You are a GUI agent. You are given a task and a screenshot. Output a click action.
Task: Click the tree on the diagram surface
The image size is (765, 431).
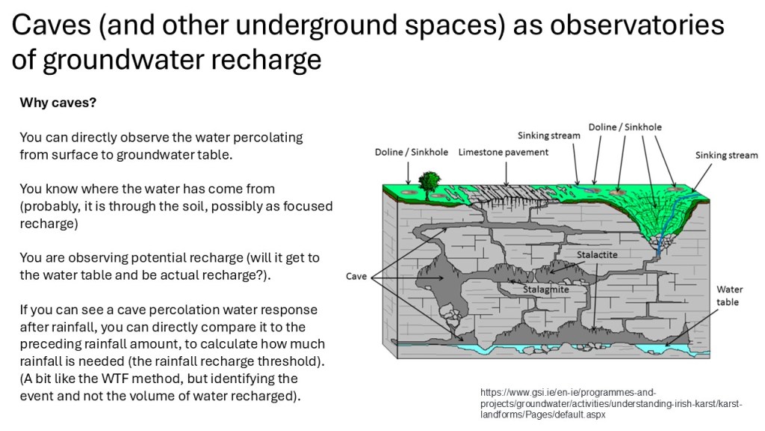click(x=430, y=184)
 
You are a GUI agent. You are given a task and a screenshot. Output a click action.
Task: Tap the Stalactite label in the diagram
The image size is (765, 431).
click(x=597, y=254)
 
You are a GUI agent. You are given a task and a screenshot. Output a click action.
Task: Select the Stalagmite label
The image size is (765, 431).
click(x=546, y=290)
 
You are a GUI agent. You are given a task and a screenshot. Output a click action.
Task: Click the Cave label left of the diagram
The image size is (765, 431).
click(x=356, y=276)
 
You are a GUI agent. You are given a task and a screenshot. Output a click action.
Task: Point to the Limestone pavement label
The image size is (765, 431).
click(x=503, y=152)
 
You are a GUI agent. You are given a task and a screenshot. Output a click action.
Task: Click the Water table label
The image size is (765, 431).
click(x=728, y=296)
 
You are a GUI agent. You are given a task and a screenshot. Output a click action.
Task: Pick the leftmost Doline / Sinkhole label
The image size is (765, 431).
click(x=412, y=152)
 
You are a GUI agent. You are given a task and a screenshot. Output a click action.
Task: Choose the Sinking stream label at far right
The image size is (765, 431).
click(x=726, y=156)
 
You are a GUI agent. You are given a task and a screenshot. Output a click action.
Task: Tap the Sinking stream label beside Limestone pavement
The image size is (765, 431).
click(x=549, y=135)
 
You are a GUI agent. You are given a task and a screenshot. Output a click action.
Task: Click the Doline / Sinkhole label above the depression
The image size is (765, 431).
click(x=625, y=127)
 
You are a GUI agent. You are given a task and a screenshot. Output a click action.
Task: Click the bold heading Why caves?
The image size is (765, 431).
click(x=58, y=103)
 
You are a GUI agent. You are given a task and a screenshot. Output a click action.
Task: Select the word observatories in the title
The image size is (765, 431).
click(x=637, y=25)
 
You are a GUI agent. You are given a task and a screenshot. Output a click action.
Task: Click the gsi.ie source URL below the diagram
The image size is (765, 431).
click(x=611, y=403)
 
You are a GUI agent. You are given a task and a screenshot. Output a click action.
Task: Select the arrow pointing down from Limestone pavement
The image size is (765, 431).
click(x=506, y=174)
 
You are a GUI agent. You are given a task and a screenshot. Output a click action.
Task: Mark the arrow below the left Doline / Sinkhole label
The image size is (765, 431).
click(x=409, y=174)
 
